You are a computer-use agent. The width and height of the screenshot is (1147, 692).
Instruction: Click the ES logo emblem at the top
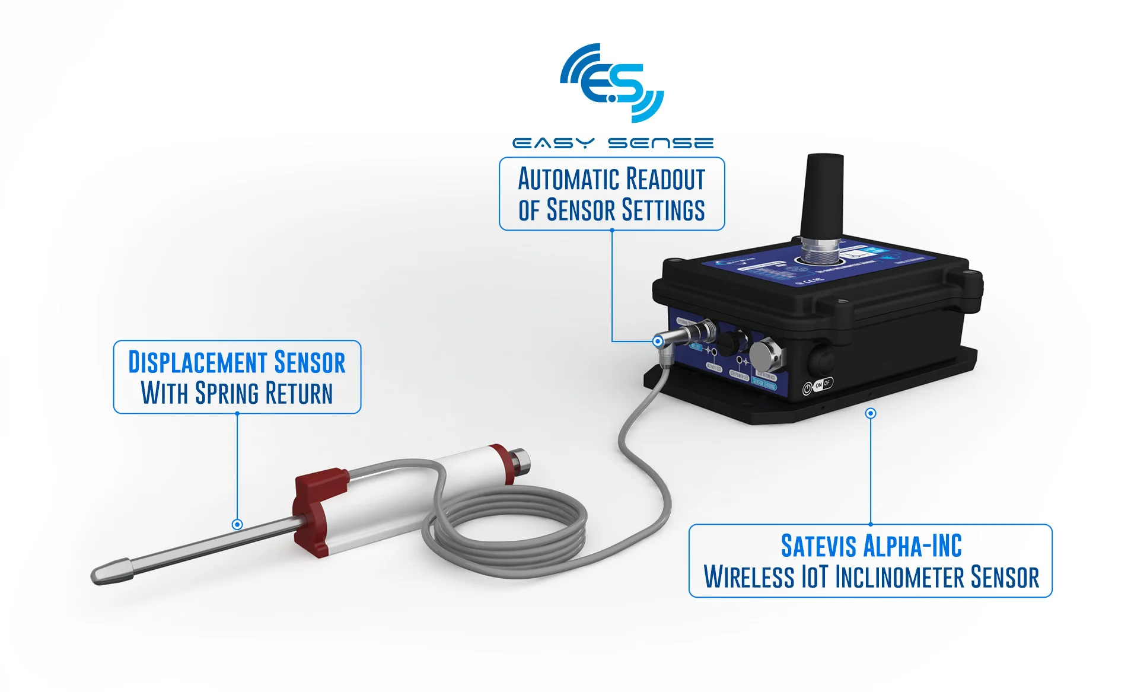pos(612,83)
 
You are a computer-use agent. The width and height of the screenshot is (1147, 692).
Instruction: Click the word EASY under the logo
pos(553,143)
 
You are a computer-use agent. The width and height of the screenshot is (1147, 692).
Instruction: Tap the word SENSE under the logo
pos(661,143)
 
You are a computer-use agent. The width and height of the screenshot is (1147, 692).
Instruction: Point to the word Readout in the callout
pos(665,179)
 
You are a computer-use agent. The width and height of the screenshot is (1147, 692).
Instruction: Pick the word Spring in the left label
pos(227,393)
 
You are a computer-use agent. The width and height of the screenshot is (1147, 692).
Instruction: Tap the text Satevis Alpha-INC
pos(871,546)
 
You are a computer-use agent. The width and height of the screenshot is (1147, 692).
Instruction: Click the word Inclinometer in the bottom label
pos(900,577)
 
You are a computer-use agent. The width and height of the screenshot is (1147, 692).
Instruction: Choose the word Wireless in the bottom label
pos(748,577)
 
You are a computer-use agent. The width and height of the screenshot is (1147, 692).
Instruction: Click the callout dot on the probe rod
pos(237,524)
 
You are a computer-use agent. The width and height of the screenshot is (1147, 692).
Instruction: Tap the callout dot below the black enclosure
pos(871,413)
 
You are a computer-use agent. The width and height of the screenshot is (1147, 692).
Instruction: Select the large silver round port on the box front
pos(767,356)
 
